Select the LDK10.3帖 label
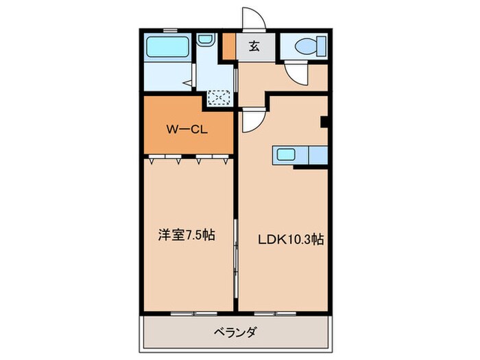pos(291,239)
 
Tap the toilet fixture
pos(305,47)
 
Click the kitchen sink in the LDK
pos(285,154)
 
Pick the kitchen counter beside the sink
pos(317,155)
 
